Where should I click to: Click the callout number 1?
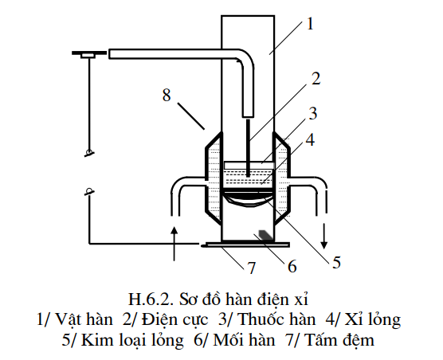(310, 24)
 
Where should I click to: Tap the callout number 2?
(316, 79)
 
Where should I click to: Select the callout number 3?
(313, 114)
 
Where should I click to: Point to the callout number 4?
(311, 139)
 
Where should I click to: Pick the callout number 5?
(336, 262)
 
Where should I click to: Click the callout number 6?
(292, 266)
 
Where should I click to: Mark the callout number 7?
(251, 268)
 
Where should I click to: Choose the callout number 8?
(167, 95)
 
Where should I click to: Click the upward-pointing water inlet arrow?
(174, 243)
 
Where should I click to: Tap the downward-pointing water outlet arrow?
(324, 236)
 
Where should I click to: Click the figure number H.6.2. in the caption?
(151, 299)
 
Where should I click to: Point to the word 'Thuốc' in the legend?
(257, 319)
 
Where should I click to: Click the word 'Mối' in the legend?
(229, 339)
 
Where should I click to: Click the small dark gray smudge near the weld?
(266, 235)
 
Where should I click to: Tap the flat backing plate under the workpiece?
(245, 245)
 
